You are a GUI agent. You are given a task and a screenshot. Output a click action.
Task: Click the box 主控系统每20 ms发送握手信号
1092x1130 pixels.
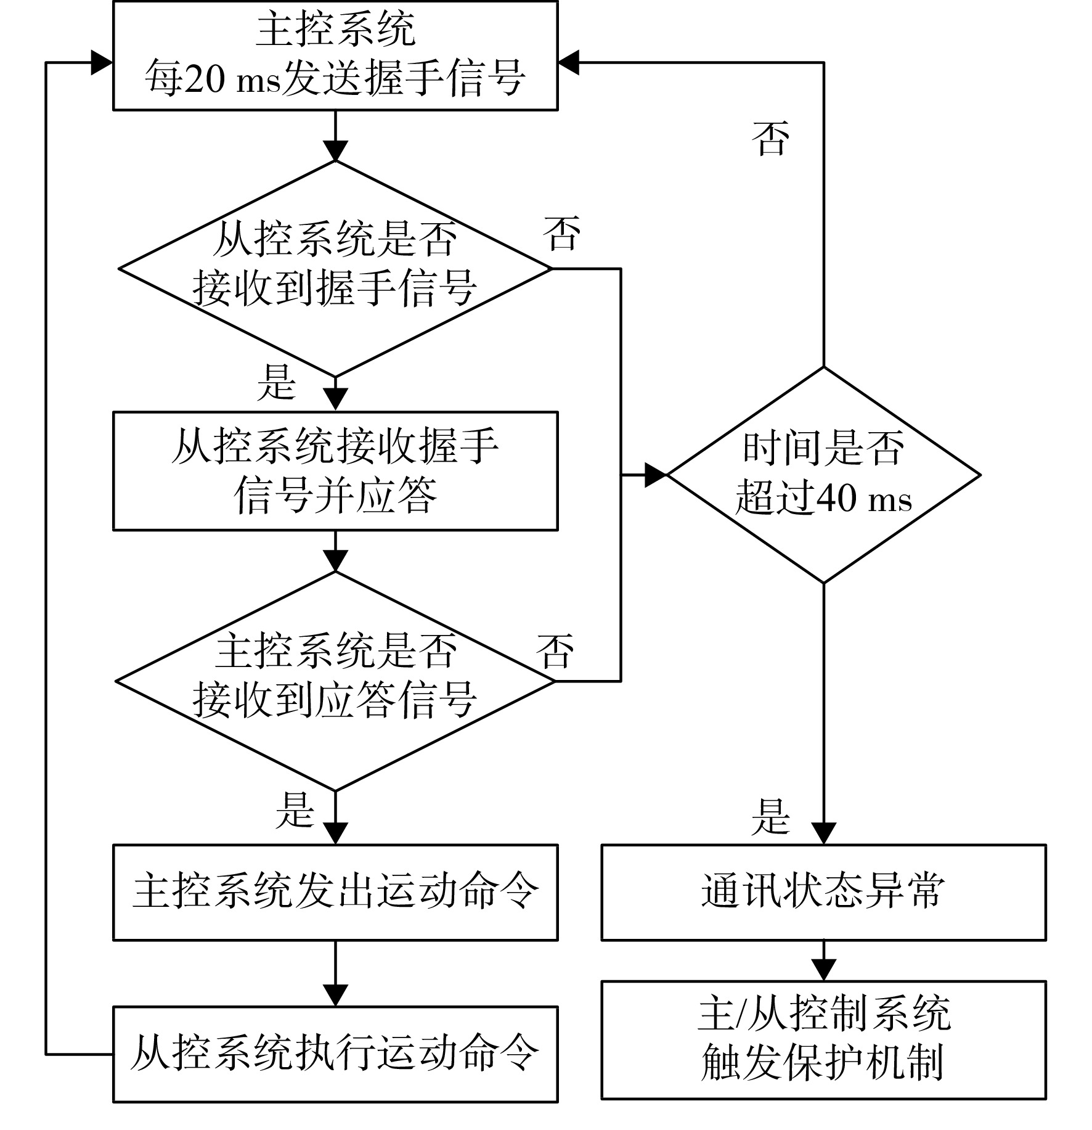(x=335, y=55)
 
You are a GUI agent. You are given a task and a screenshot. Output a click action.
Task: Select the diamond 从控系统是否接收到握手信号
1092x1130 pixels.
(x=335, y=269)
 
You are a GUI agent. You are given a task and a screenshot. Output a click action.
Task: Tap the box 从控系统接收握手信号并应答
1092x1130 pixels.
(x=335, y=471)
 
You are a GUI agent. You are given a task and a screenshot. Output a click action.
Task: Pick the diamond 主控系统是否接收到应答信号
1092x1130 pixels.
(x=335, y=681)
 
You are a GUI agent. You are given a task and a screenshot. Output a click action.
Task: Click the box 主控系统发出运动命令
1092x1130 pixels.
(x=335, y=892)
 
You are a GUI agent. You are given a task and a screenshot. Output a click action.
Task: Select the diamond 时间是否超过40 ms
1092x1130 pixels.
(x=824, y=475)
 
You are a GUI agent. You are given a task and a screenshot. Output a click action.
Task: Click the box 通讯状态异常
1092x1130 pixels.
(x=824, y=892)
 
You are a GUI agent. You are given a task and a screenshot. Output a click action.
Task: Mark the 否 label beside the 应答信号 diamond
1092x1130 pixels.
(x=555, y=651)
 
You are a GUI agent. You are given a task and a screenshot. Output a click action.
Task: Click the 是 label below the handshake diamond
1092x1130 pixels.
(x=277, y=382)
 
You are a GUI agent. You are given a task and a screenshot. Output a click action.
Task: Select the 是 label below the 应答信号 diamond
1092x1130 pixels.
(x=295, y=809)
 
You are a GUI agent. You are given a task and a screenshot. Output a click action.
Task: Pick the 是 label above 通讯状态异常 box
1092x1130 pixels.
(x=770, y=817)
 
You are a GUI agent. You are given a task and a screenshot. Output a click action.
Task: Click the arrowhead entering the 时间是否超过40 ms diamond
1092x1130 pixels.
(x=656, y=475)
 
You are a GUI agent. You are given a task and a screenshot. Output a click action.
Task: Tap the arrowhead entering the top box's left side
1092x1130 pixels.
(x=102, y=62)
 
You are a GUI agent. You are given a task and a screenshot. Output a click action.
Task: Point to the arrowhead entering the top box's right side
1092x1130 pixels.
(x=569, y=62)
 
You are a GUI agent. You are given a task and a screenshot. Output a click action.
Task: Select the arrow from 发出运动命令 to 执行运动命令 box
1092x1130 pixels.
(x=335, y=974)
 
